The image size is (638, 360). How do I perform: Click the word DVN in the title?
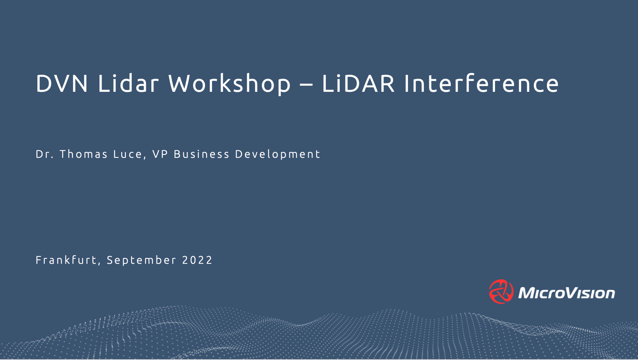(x=62, y=83)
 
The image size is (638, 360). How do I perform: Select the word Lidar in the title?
(x=128, y=83)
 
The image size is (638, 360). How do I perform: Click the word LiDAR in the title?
(x=358, y=83)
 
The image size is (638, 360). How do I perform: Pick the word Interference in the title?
(x=481, y=83)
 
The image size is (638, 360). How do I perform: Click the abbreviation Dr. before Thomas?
(x=45, y=154)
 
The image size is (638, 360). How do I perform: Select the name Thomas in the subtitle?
(x=84, y=154)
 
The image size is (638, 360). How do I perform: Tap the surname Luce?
(x=127, y=154)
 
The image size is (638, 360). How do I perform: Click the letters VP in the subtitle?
(x=160, y=154)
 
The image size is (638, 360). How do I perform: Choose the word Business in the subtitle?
(x=201, y=154)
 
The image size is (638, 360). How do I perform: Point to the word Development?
(x=278, y=155)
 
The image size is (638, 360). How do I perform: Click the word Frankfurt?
(x=66, y=260)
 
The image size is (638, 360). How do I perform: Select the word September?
(x=142, y=261)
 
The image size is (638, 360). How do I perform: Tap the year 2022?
(x=197, y=260)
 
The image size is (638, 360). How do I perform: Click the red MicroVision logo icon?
(x=501, y=291)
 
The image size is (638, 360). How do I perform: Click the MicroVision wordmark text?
(x=567, y=293)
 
